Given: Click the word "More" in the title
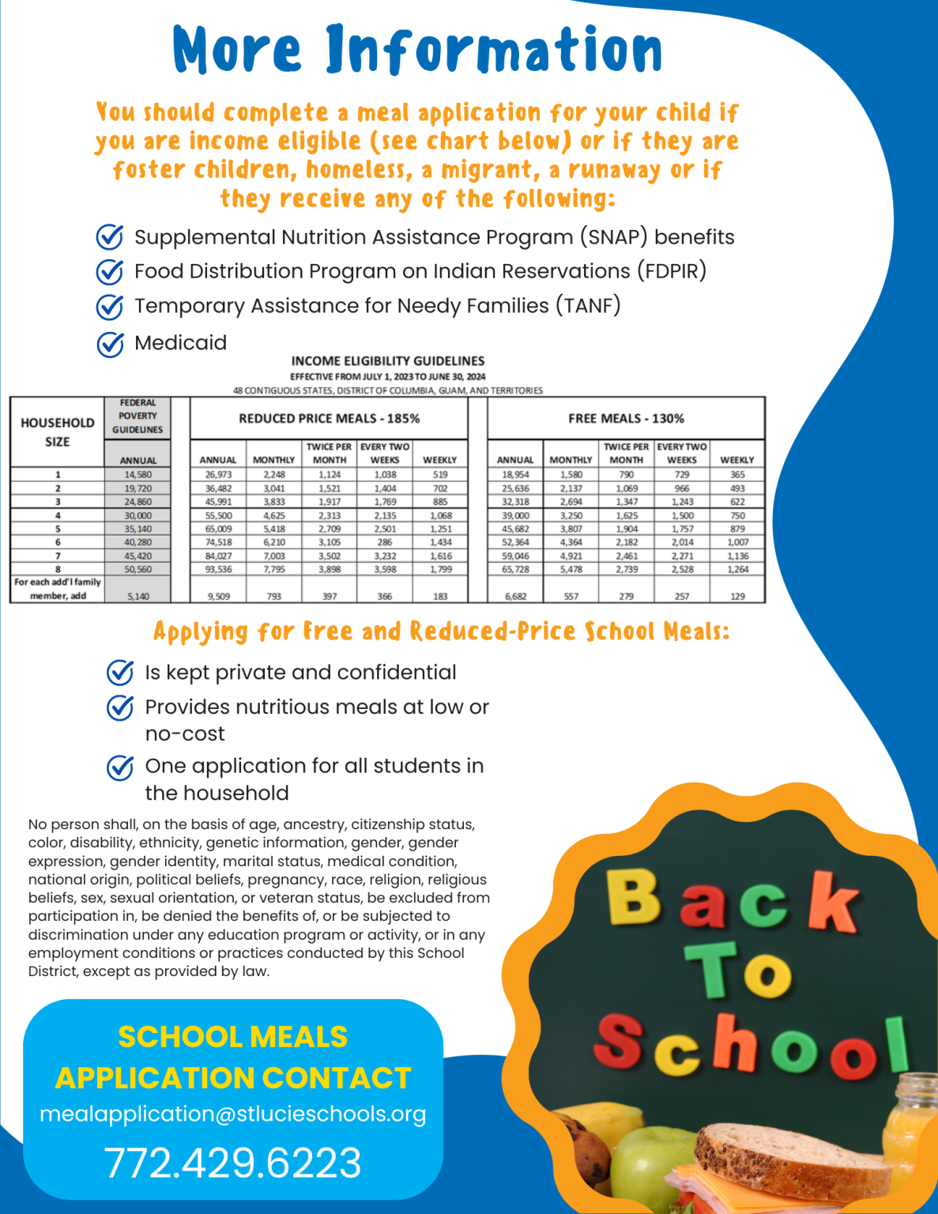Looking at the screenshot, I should point(237,51).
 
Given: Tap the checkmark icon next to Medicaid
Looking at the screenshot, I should point(110,344).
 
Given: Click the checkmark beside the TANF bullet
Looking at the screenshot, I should point(110,307).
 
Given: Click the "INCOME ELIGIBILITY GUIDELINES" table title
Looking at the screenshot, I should point(387,360).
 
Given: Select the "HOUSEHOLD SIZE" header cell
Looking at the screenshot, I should point(57,432).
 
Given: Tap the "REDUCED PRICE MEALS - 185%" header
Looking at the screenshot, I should point(329,418).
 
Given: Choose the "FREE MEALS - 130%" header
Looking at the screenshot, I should point(626,418).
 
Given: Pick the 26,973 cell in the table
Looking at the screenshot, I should point(218,475).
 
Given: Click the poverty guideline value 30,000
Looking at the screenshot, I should point(137,515).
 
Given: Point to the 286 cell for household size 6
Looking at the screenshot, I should point(385,542).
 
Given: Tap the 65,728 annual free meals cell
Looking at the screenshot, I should point(515,569).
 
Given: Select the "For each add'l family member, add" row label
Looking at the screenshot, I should point(58,589).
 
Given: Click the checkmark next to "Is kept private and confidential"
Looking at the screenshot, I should point(120,673).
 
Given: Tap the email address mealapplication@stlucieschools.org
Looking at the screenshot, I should point(232,1114).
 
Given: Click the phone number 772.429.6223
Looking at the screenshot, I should point(232,1163).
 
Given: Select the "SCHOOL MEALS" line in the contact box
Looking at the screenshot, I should point(232,1036).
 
